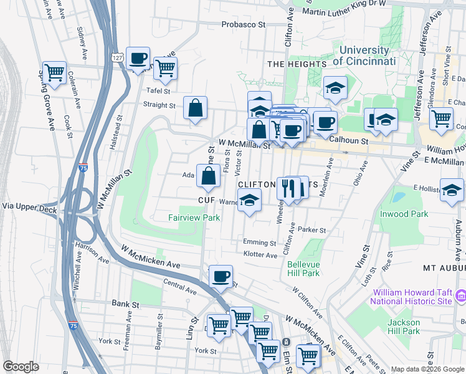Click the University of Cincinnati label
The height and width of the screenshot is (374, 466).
(364, 56)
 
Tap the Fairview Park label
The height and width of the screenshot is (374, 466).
(194, 218)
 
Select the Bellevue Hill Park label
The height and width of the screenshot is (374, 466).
(303, 269)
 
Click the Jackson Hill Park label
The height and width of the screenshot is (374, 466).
(402, 327)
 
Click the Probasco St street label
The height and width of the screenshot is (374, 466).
(245, 25)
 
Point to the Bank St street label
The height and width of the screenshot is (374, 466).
(126, 304)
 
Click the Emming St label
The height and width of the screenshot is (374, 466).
(260, 242)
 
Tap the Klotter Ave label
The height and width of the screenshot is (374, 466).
(260, 255)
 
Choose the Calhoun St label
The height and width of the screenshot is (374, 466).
(349, 141)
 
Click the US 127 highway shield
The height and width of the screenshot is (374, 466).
(118, 58)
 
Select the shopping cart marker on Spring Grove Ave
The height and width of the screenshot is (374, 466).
(54, 72)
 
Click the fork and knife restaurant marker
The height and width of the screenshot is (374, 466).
(287, 188)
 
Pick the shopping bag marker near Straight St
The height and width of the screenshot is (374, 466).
(196, 107)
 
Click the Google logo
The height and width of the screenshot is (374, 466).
(21, 367)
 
